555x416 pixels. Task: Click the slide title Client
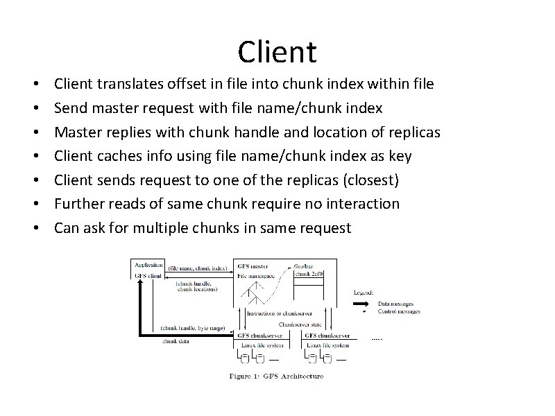277,51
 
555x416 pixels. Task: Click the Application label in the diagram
148,265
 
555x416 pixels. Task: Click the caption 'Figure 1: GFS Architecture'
277,376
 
